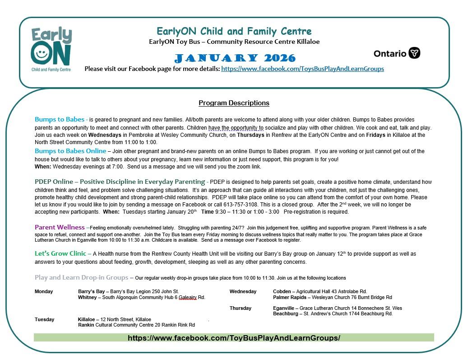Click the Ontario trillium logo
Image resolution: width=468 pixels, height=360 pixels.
coord(414,53)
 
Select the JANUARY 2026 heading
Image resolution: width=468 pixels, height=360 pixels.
coord(235,58)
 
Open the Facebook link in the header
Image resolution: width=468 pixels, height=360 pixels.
coord(302,69)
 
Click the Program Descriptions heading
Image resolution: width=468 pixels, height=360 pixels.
coord(234,103)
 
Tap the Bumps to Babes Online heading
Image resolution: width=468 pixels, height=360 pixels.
coord(70,151)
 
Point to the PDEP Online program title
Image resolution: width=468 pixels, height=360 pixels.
coord(120,182)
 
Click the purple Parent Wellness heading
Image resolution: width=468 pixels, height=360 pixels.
coord(60,227)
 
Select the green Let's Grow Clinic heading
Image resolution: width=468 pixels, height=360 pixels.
coord(63,254)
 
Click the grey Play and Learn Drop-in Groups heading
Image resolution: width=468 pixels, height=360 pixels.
coord(81,277)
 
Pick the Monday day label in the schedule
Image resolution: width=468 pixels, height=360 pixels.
coord(44,292)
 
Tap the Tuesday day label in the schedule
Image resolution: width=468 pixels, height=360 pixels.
coord(44,319)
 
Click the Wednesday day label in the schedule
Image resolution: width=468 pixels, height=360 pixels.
coord(243,292)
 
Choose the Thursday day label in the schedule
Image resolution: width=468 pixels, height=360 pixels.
coord(241,308)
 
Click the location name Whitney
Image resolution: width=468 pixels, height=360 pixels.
coord(87,298)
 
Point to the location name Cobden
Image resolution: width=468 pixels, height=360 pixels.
coord(282,292)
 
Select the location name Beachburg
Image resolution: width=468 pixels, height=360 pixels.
coord(286,314)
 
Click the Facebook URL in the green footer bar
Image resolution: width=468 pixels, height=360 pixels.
coord(234,338)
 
